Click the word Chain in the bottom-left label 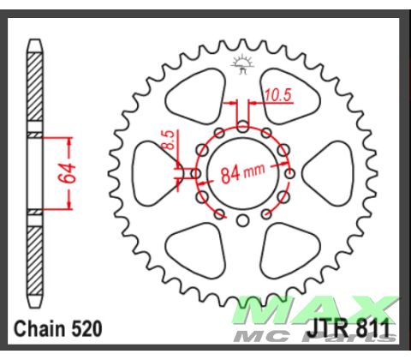click(x=40, y=328)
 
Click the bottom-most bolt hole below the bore click(x=242, y=221)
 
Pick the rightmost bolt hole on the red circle click(x=290, y=173)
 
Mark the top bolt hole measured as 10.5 click(x=243, y=126)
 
